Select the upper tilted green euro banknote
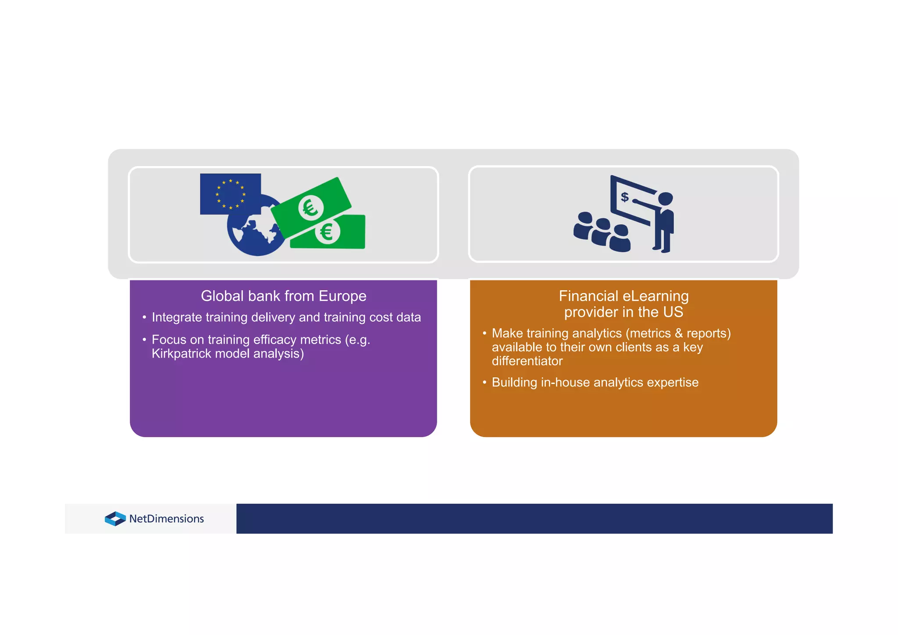click(311, 207)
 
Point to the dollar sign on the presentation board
click(625, 197)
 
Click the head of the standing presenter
click(665, 199)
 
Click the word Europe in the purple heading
click(342, 296)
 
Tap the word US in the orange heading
click(673, 312)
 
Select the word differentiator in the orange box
click(527, 361)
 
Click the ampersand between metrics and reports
click(679, 334)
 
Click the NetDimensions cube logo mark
click(115, 519)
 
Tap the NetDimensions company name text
click(167, 519)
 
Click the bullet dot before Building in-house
click(485, 382)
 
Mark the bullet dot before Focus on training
click(144, 340)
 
